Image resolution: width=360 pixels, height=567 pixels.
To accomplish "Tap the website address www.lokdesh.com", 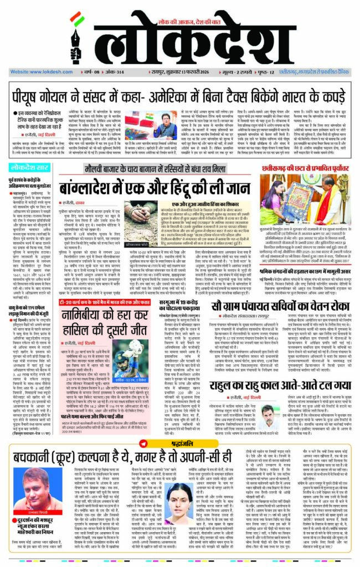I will pos(33,72).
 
